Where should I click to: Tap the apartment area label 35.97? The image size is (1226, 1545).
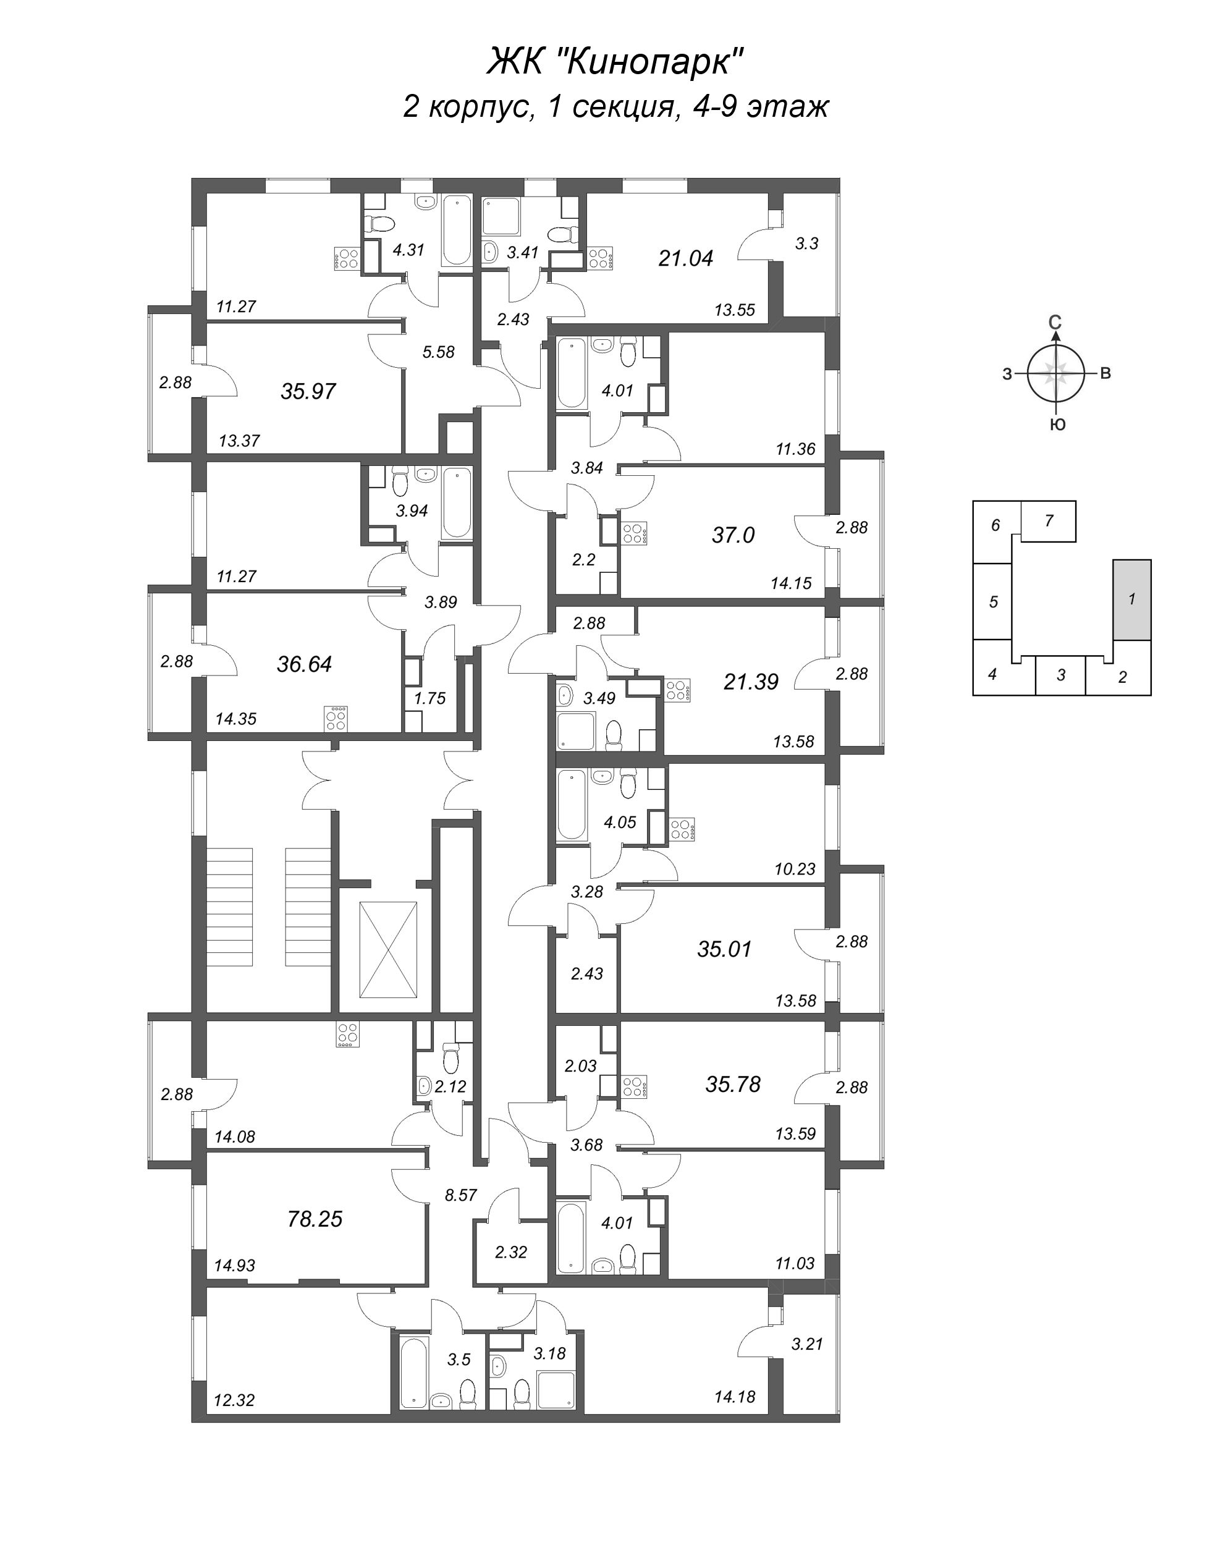point(308,391)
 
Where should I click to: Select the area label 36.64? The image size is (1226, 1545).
point(305,664)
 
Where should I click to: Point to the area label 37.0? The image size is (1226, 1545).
point(733,535)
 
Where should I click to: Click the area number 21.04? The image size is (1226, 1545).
point(686,258)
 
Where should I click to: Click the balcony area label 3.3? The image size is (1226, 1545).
point(807,243)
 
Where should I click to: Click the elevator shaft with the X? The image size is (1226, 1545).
point(387,949)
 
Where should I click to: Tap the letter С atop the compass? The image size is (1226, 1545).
point(1055,323)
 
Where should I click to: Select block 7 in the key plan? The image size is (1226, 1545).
point(1048,521)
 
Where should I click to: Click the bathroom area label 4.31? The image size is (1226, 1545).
point(408,250)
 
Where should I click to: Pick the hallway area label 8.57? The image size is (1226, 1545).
point(461,1195)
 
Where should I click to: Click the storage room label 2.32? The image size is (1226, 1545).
point(511,1252)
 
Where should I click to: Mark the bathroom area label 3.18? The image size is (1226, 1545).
point(549,1353)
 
